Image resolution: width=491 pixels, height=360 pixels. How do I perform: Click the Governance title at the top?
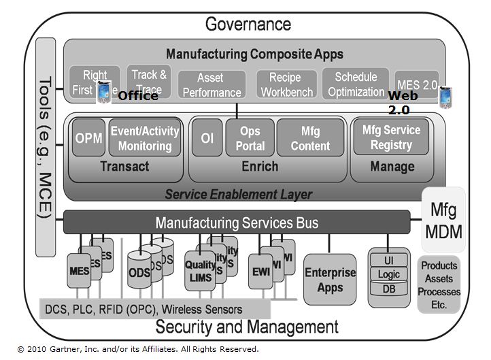click(248, 24)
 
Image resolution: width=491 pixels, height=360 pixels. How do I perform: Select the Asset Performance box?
click(210, 85)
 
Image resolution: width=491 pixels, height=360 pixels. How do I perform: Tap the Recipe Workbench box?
click(286, 85)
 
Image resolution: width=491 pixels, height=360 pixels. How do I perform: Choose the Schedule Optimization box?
click(355, 84)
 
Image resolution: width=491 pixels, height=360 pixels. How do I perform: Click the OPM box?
click(89, 138)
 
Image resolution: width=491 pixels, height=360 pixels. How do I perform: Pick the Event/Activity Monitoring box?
click(145, 138)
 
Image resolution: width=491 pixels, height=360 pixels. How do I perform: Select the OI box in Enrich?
click(207, 138)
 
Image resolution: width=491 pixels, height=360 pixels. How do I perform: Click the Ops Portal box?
click(250, 138)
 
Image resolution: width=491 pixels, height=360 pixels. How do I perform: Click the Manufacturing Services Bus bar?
click(237, 223)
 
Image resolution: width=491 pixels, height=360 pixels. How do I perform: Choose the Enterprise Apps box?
click(330, 279)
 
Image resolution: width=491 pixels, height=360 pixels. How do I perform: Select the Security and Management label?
click(247, 327)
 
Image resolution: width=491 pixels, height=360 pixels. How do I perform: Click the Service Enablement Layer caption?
click(239, 195)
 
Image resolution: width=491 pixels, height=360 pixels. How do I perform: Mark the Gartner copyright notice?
click(139, 349)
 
